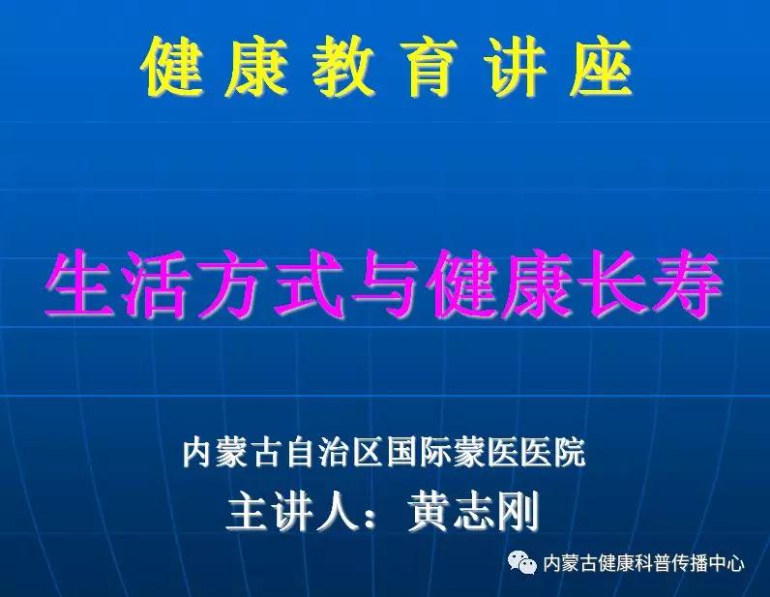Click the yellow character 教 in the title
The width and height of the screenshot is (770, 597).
pos(341,67)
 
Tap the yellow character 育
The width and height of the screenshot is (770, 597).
pos(429,67)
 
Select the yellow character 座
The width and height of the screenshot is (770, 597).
pos(600,67)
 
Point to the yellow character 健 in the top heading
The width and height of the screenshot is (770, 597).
pos(171,67)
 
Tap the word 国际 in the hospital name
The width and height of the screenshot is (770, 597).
pos(419,452)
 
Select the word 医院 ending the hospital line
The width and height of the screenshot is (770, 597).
pos(553,452)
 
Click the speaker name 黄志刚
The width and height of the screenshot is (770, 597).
pos(473,512)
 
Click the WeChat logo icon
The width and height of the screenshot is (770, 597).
pos(522,561)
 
